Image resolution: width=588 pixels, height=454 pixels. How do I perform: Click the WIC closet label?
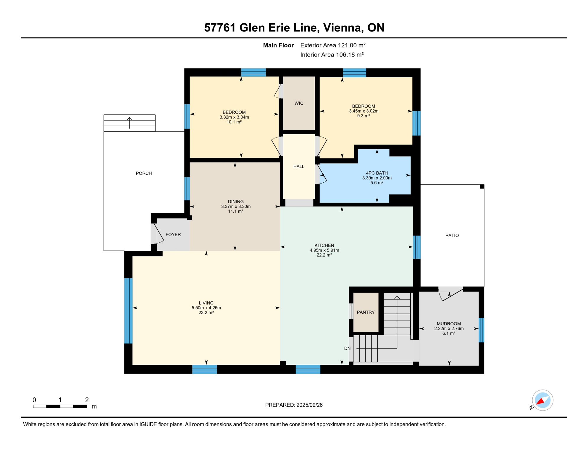point(299,103)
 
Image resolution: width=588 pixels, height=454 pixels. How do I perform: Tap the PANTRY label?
point(366,312)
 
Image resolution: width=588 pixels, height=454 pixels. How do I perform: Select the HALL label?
point(299,167)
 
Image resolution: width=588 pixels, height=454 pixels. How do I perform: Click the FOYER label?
point(173,235)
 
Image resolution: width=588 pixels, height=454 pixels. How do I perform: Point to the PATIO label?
point(452,236)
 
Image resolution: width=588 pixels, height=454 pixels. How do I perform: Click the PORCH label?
point(144,174)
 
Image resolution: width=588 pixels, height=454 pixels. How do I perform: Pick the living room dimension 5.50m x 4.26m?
point(206,308)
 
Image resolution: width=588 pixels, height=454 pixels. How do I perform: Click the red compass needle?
point(540,402)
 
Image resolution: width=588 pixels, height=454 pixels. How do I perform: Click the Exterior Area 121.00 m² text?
point(333,45)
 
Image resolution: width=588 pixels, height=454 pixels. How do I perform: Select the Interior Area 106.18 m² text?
point(332,55)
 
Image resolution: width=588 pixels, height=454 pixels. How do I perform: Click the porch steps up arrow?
point(130,122)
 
